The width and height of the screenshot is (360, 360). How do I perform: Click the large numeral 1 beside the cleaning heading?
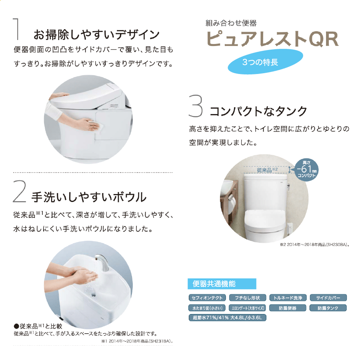[16, 29]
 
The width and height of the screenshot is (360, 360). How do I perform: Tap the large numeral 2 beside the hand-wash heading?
[19, 192]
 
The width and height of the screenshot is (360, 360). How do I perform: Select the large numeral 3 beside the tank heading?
[196, 106]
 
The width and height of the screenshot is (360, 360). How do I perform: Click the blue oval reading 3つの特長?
[266, 62]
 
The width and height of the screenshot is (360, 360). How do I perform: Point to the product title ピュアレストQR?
[272, 39]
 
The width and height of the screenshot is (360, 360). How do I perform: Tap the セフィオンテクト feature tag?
[207, 298]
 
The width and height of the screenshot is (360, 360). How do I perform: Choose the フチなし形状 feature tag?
[248, 298]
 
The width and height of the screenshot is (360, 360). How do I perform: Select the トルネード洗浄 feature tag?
[288, 298]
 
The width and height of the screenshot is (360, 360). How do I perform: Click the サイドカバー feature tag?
[328, 298]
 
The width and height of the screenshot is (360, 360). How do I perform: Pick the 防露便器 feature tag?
[288, 308]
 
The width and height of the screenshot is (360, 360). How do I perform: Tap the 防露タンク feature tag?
[328, 308]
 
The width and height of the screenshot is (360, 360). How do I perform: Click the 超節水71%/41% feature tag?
[227, 318]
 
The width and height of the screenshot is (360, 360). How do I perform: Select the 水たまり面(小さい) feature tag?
[207, 308]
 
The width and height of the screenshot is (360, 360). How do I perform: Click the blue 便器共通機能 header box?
[222, 284]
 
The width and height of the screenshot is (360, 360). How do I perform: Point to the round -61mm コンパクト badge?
[306, 170]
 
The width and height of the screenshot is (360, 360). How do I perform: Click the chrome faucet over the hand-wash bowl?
[102, 262]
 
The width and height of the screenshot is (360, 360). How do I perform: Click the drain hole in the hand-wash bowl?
[94, 295]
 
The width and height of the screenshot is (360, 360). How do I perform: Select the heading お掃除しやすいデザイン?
[96, 35]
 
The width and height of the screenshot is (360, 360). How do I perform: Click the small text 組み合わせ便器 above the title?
[231, 23]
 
